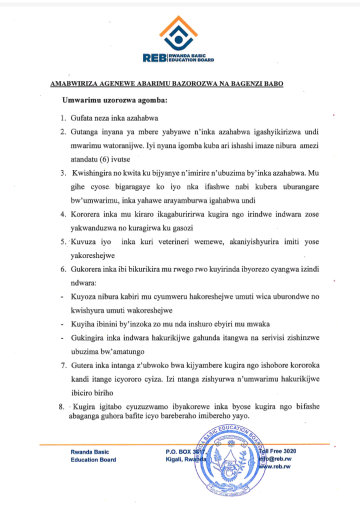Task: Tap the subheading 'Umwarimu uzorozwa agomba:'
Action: point(115,100)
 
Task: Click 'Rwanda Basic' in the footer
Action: point(90,452)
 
